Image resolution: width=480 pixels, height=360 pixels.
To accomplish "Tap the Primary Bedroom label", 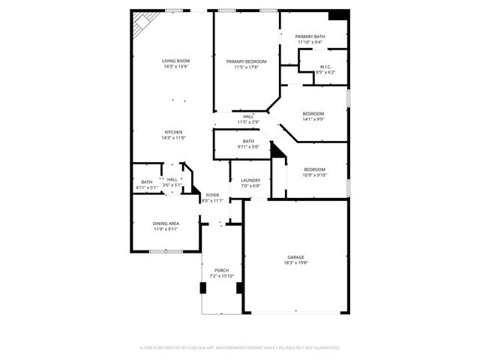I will click(247, 61).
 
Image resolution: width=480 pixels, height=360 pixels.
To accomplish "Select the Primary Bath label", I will click(310, 37).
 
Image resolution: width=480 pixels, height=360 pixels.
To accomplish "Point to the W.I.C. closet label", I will click(325, 67).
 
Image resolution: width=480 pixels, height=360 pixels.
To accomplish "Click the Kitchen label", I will click(173, 132).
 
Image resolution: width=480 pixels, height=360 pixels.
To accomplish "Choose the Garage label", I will click(296, 256).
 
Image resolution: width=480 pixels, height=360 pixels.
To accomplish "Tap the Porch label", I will click(221, 270).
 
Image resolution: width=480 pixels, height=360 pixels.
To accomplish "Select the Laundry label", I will click(250, 180).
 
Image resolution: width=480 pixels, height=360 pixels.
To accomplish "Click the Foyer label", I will click(213, 195).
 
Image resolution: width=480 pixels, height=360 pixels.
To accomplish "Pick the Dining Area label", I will click(166, 223).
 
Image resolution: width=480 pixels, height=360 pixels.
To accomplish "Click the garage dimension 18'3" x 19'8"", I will click(296, 262).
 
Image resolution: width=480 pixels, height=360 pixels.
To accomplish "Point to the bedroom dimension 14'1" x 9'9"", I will click(313, 119).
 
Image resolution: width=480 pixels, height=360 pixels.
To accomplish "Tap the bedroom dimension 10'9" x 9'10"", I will click(314, 175).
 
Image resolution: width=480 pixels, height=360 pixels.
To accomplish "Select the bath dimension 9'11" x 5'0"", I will click(248, 147).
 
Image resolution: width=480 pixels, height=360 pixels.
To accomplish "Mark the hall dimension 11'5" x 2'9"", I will click(247, 121).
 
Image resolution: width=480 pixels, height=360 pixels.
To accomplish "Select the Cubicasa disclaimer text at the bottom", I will click(240, 348).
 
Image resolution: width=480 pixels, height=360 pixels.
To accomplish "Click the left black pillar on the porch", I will click(202, 288).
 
